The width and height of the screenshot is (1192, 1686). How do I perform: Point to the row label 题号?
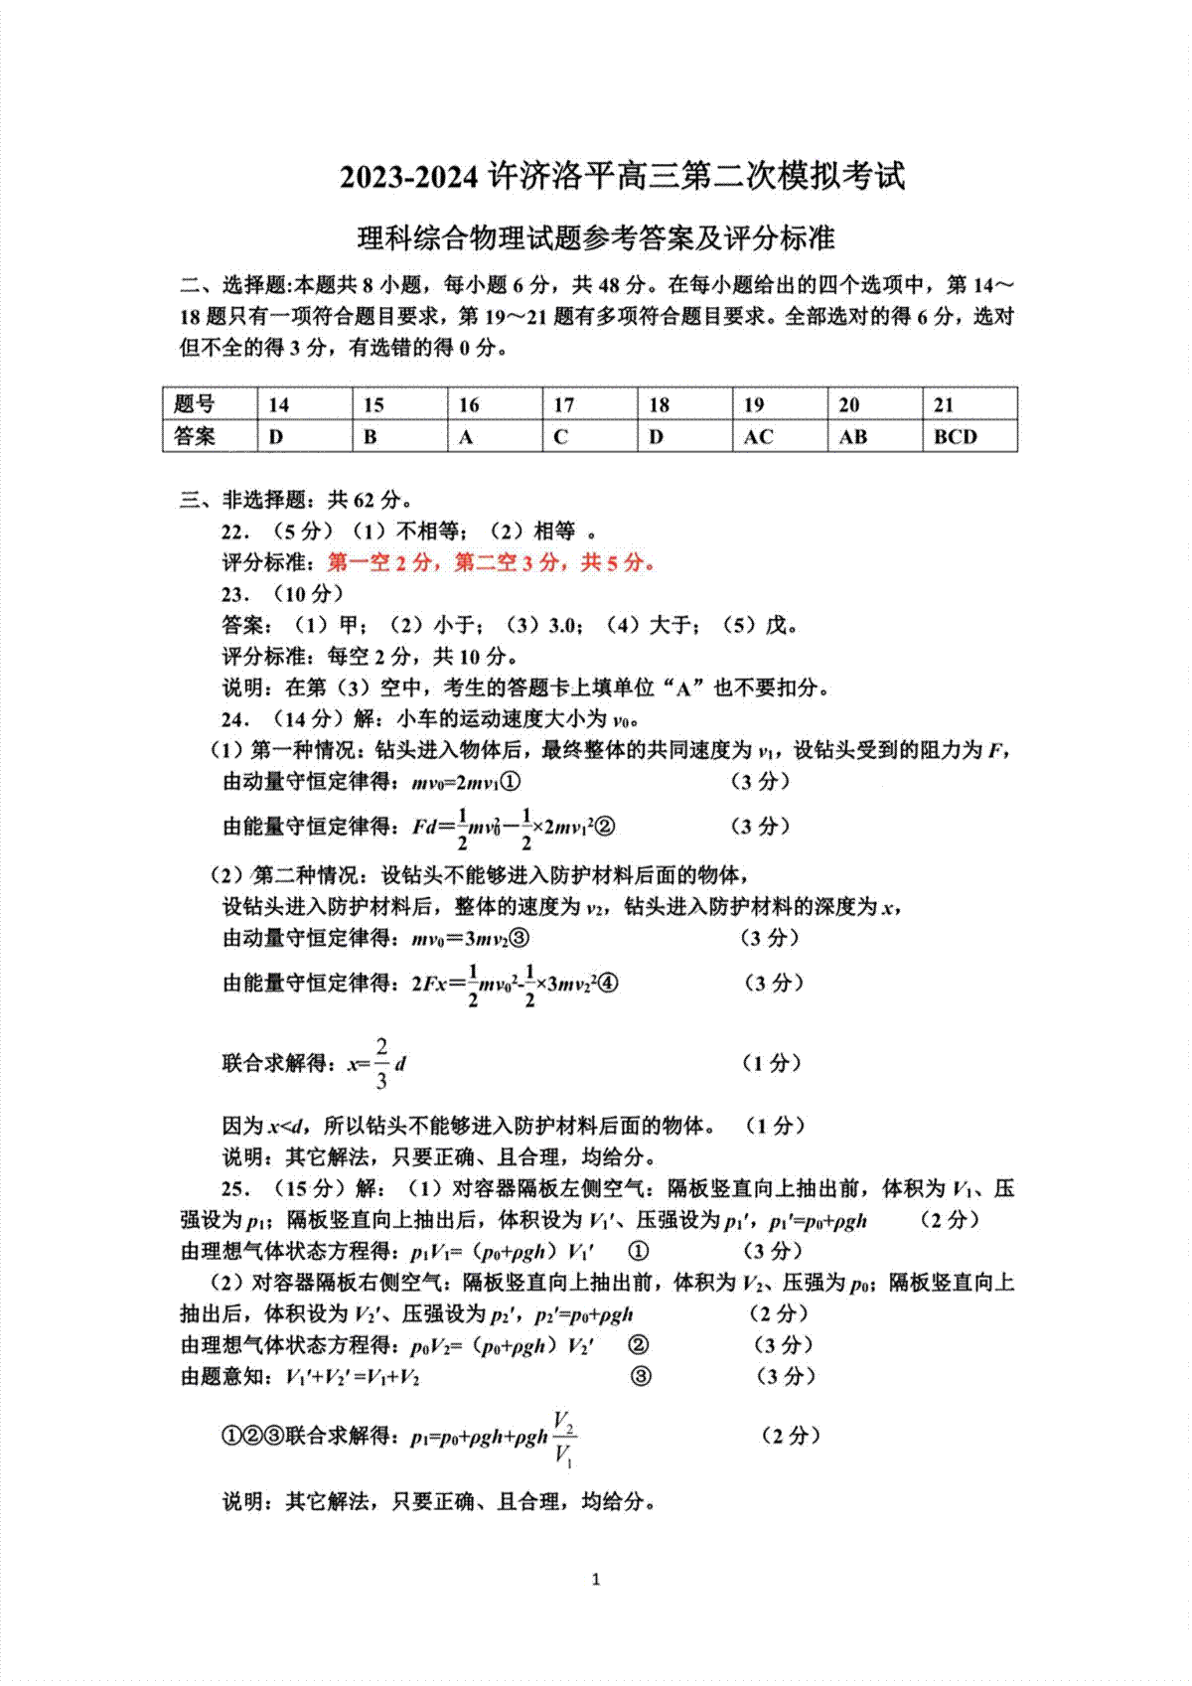(x=195, y=404)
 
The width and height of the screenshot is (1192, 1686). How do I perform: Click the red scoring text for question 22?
(x=492, y=563)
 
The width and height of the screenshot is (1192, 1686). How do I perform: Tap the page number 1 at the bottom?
(x=596, y=1579)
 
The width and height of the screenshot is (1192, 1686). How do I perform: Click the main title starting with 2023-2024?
(x=623, y=177)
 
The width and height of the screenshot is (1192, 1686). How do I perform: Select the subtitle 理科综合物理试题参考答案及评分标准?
(x=596, y=238)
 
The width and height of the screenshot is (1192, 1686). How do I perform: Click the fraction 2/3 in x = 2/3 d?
(x=381, y=1063)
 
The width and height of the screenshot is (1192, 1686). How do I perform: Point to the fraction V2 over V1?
(x=563, y=1437)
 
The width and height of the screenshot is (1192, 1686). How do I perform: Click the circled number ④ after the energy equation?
(x=609, y=984)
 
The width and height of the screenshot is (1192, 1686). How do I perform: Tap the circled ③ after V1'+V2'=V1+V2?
(x=642, y=1376)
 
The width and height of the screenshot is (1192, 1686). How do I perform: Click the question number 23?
(x=233, y=594)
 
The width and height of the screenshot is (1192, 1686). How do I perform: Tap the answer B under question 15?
(x=371, y=437)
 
